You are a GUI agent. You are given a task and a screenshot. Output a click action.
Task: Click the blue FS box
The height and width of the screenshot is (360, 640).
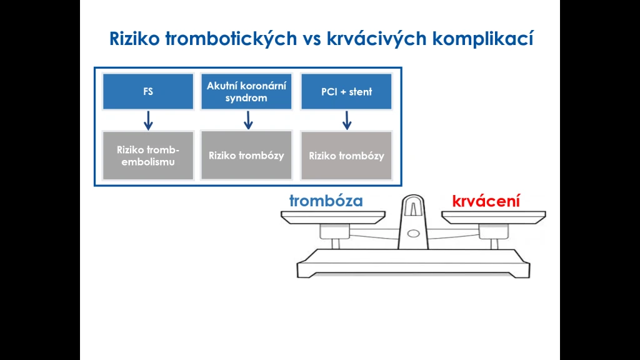[148, 91]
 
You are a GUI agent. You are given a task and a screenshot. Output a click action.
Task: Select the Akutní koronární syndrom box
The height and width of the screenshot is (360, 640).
[246, 91]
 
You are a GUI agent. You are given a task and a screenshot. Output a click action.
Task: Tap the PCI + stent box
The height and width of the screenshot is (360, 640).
[346, 91]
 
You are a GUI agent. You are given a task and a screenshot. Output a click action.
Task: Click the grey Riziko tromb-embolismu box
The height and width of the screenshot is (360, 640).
[148, 156]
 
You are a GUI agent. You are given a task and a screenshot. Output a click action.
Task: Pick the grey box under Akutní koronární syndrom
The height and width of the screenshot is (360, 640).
[246, 155]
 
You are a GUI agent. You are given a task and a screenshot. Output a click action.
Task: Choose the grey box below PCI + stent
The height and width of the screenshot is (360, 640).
[346, 156]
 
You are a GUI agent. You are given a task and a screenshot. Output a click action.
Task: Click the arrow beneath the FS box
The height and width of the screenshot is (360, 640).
[148, 121]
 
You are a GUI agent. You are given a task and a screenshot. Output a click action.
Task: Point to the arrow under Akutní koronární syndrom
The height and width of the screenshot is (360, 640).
[248, 120]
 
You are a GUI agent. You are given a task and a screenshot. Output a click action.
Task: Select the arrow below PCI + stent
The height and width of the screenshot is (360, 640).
[347, 121]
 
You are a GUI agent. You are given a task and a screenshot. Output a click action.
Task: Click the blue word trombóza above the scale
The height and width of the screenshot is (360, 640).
[326, 201]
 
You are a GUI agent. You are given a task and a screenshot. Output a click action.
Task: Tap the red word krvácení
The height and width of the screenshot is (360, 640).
[486, 201]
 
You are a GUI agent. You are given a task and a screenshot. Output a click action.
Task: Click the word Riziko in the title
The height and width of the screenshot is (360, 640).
[134, 39]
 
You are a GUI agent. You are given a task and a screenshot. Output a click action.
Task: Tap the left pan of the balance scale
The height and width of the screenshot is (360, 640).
[333, 217]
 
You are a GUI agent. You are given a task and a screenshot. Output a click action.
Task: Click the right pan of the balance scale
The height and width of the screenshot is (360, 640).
[494, 217]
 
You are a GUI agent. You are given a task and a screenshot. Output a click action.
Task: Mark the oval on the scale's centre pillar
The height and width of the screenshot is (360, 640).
[414, 234]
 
